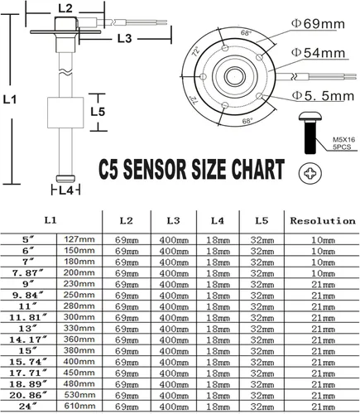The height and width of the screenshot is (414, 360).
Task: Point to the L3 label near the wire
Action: tap(124, 37)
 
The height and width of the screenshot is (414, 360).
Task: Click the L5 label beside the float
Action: tap(97, 110)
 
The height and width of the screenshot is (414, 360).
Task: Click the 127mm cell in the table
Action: tap(78, 238)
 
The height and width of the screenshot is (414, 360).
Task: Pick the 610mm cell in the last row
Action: tap(78, 407)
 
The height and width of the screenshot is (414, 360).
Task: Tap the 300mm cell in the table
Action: tap(78, 316)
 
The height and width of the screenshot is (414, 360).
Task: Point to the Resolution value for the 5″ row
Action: tap(321, 238)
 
